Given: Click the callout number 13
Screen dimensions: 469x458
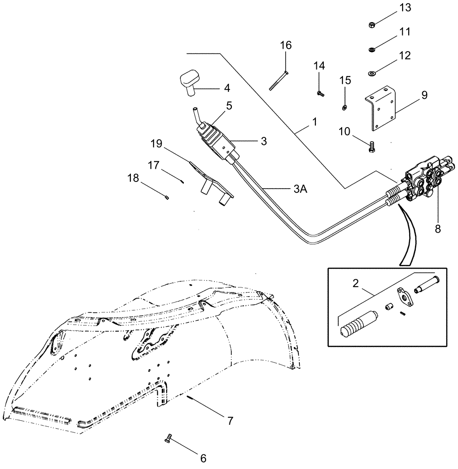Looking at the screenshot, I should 392,8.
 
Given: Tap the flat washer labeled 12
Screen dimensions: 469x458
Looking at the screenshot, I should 371,73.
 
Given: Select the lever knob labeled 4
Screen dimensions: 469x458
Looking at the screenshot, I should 189,83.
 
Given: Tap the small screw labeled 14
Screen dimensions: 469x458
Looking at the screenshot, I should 321,94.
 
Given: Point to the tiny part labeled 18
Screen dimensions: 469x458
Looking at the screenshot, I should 167,198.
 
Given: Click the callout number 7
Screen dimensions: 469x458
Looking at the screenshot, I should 230,420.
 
